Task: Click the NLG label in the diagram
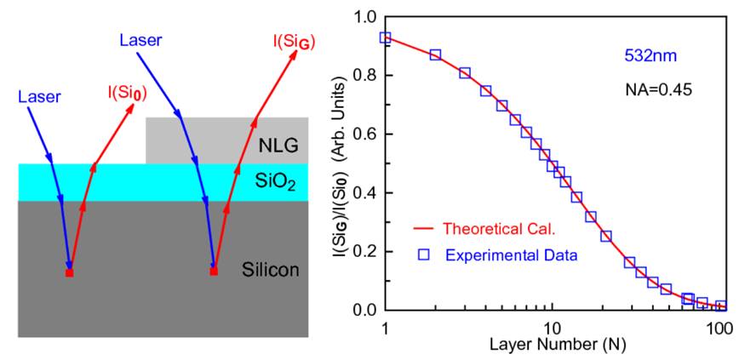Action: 279,147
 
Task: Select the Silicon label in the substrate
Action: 272,271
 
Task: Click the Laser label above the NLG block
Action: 140,40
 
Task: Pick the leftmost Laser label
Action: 39,97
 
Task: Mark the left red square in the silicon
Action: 70,273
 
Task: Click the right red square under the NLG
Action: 214,271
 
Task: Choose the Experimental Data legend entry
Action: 501,254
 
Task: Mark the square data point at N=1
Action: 386,38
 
